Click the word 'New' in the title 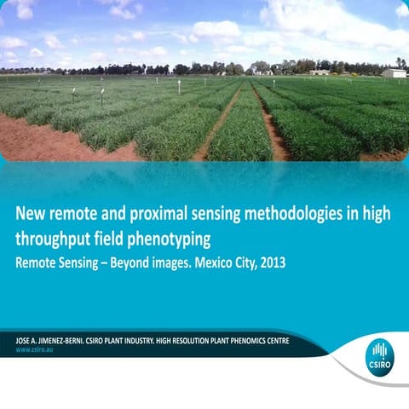(33, 214)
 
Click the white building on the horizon (394, 74)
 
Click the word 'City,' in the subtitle (239, 262)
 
